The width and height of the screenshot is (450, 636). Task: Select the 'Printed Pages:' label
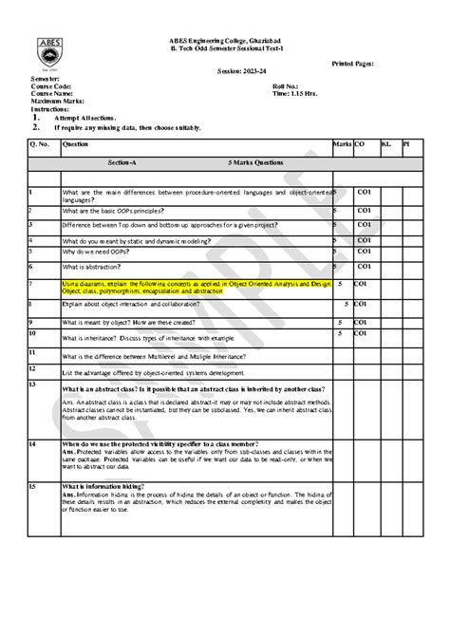click(351, 62)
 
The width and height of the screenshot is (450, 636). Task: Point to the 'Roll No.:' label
click(286, 85)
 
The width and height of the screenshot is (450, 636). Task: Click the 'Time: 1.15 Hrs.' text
click(295, 94)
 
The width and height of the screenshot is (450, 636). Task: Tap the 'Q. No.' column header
click(40, 143)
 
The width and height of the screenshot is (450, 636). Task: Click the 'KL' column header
click(385, 143)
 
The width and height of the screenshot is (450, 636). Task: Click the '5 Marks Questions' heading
click(256, 162)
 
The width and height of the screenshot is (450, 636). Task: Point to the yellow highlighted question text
click(196, 287)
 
